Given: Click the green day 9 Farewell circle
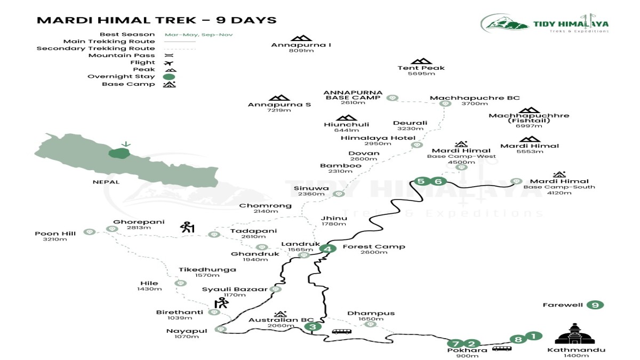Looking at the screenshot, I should click(595, 305).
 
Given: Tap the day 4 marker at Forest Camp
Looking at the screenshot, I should click(327, 249).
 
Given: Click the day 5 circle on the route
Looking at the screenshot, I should click(421, 181).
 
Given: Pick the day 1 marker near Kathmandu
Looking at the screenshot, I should click(533, 336).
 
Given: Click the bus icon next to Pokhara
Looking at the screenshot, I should click(501, 348).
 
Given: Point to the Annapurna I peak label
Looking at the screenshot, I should click(301, 45).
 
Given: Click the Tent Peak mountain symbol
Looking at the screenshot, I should click(421, 61).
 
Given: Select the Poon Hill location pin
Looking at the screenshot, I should click(90, 232).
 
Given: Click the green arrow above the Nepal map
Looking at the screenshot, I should click(126, 144).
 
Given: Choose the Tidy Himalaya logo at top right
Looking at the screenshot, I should click(544, 23).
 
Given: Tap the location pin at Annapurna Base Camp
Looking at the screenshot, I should click(393, 98).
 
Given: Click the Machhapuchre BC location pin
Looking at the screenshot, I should click(445, 103).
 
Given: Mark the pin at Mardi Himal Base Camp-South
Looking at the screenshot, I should click(515, 181).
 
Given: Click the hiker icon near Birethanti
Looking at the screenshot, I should click(221, 303).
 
